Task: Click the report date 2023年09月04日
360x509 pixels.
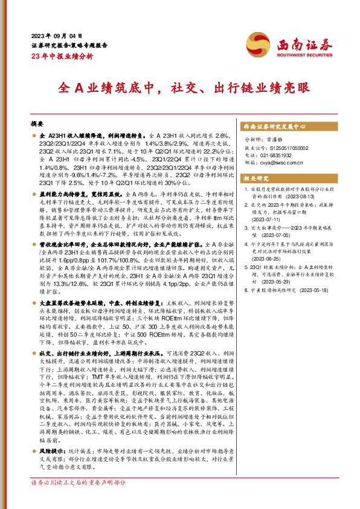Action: point(55,36)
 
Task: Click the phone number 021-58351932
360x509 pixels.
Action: point(275,155)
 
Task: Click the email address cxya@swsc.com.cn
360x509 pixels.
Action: point(280,162)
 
